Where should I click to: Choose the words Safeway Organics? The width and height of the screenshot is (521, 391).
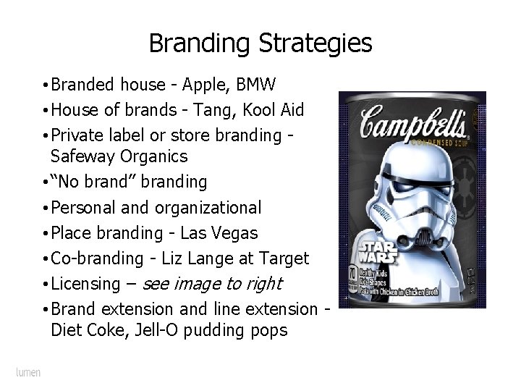tap(119, 156)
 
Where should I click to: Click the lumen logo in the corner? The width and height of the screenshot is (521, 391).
tap(28, 372)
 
